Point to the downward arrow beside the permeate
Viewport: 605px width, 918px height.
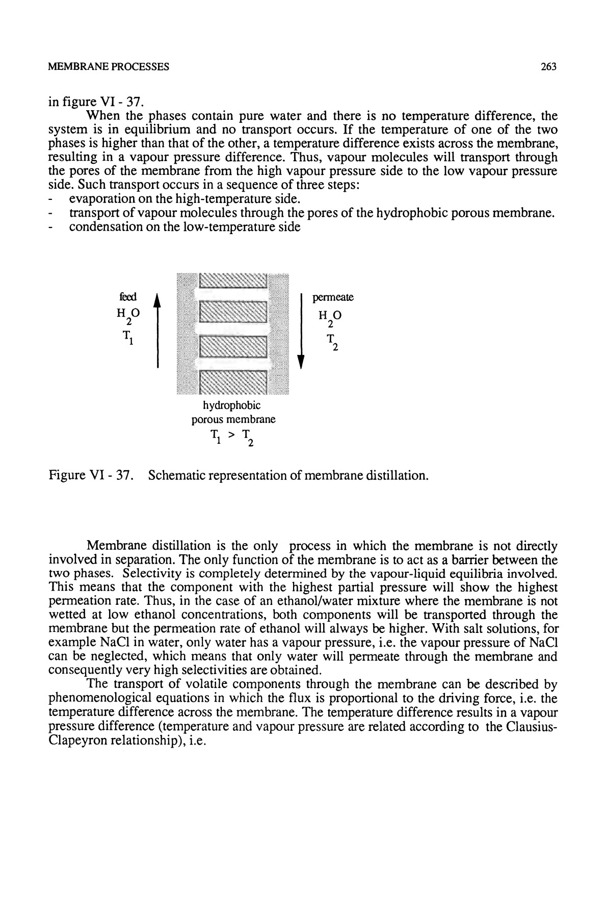coord(301,330)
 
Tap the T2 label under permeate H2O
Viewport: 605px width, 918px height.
coord(331,342)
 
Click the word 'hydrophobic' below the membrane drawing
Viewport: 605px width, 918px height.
coord(232,406)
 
